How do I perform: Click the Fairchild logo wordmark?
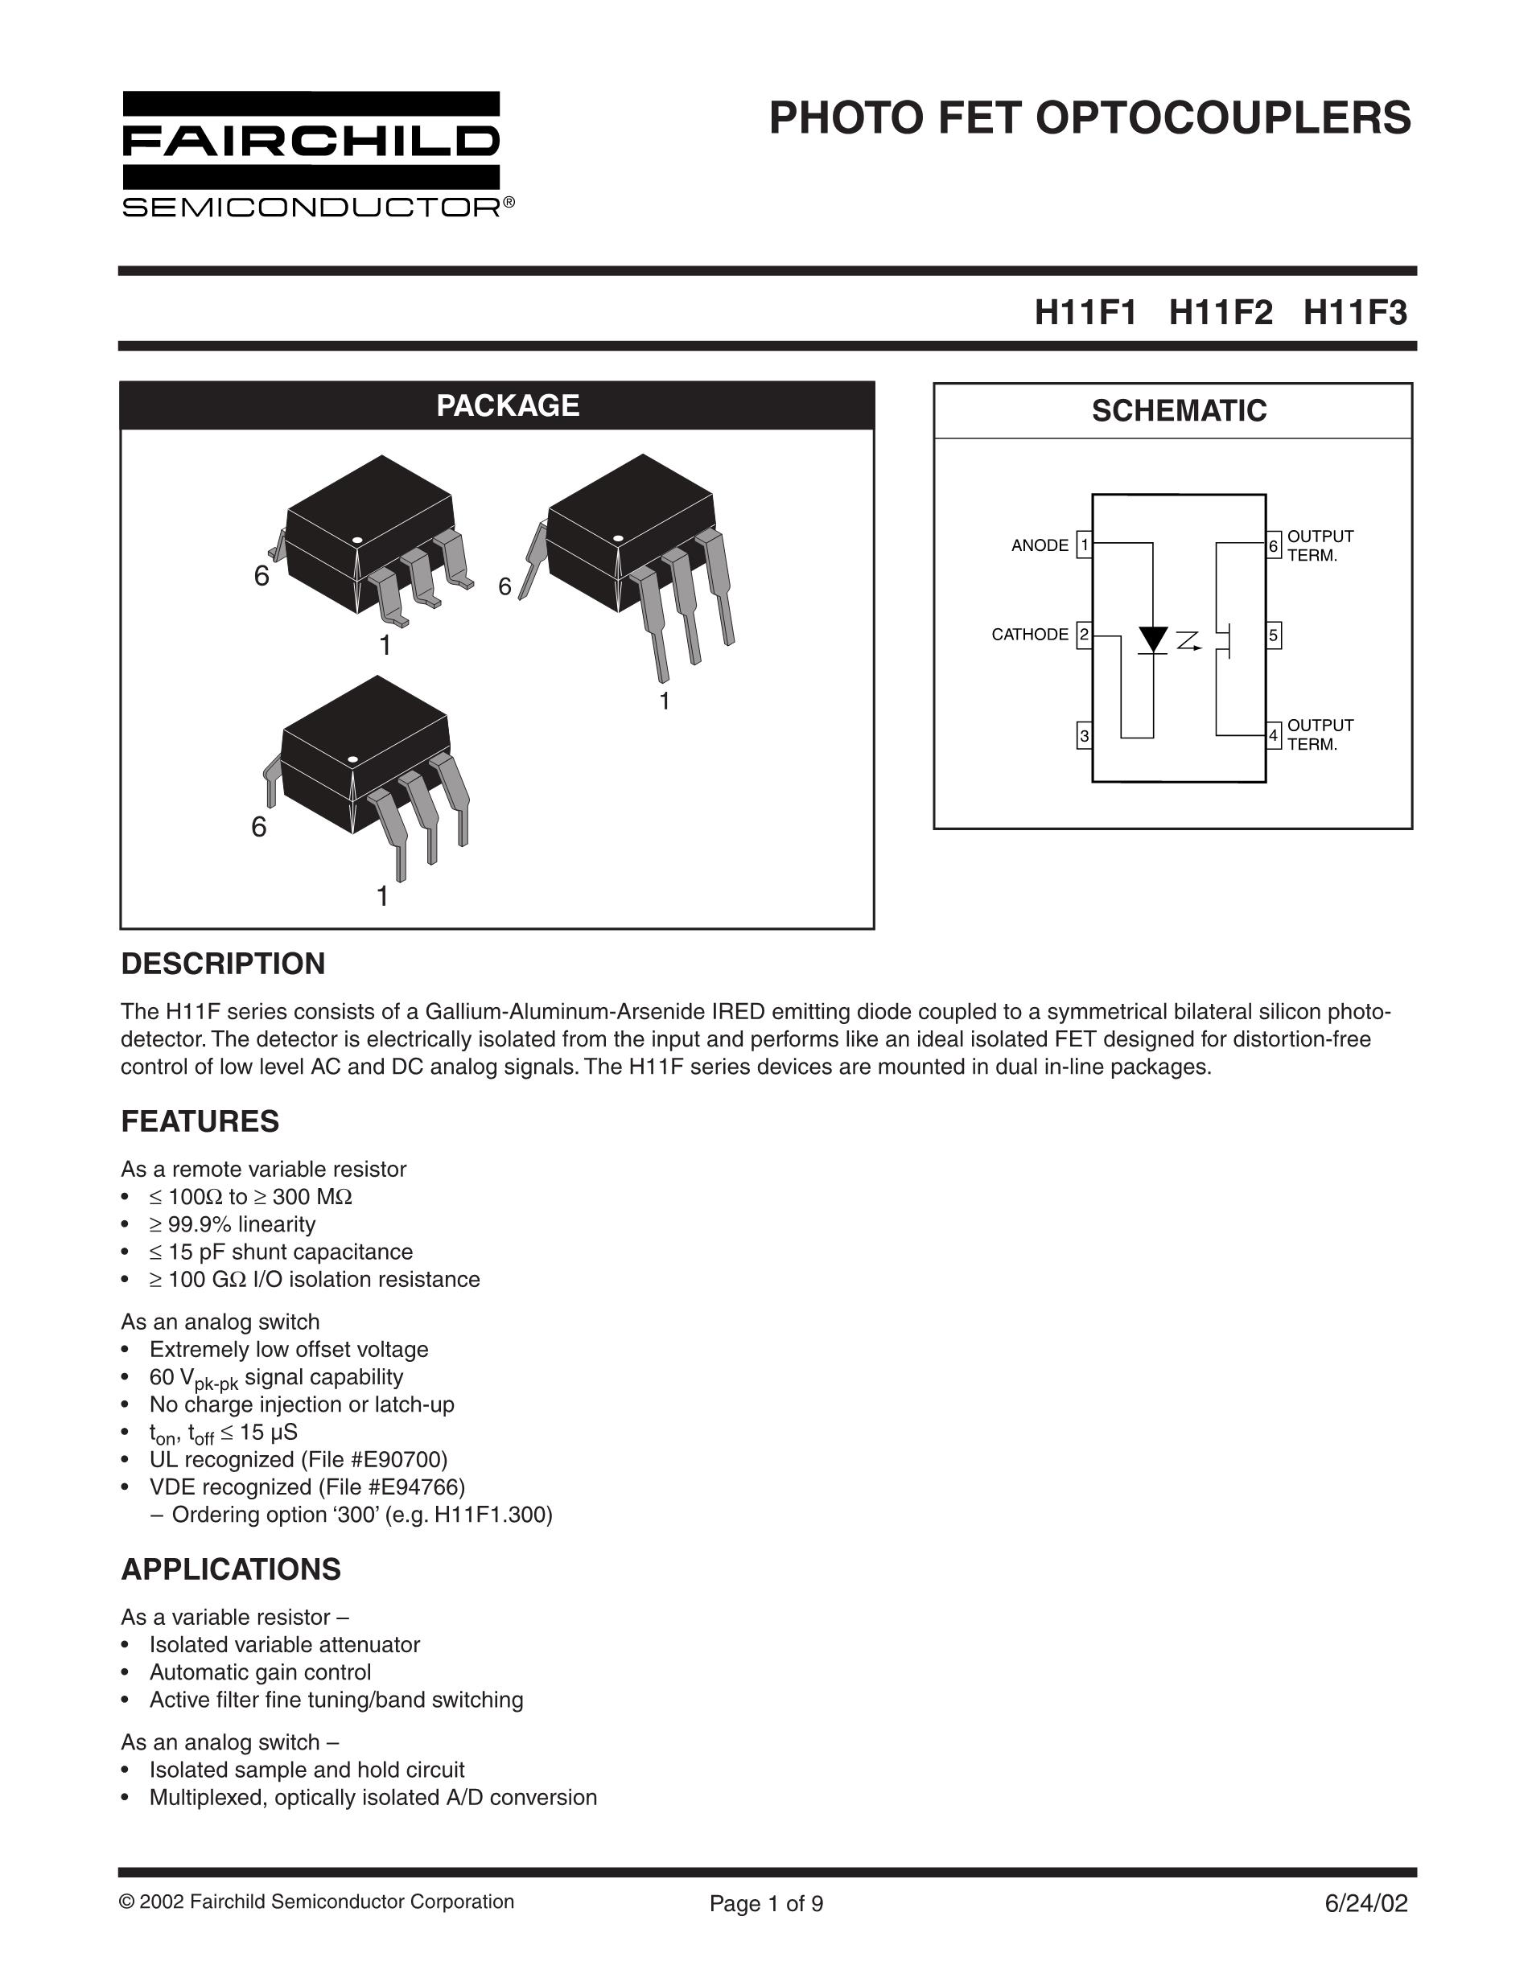coord(311,142)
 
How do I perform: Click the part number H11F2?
coord(1220,313)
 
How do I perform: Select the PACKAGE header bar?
coord(497,405)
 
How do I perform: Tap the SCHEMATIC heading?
coord(1178,411)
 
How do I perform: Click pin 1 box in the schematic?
coord(1084,545)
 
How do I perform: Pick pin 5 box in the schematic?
coord(1274,635)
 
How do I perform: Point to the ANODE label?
coord(1040,545)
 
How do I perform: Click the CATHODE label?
coord(1029,635)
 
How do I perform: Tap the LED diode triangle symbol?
coord(1153,639)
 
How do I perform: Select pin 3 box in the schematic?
coord(1084,735)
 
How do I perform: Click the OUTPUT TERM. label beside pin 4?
coord(1320,734)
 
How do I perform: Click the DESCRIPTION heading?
coord(223,964)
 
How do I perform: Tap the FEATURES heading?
coord(200,1121)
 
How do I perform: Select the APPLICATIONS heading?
coord(231,1569)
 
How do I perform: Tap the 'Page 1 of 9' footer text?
coord(766,1903)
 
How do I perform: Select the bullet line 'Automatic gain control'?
coord(260,1672)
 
